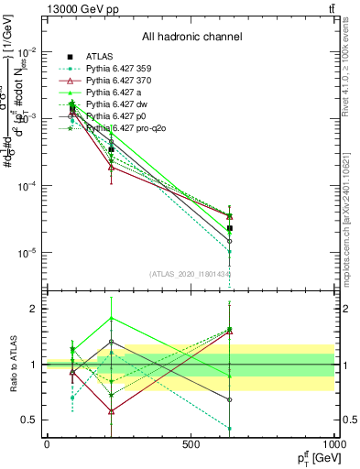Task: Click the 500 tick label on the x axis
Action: pos(191,444)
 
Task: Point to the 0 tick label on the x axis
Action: pos(47,444)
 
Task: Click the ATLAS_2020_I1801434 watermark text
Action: pos(191,273)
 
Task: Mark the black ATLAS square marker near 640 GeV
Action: pos(230,228)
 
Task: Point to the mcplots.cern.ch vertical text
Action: pos(352,202)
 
